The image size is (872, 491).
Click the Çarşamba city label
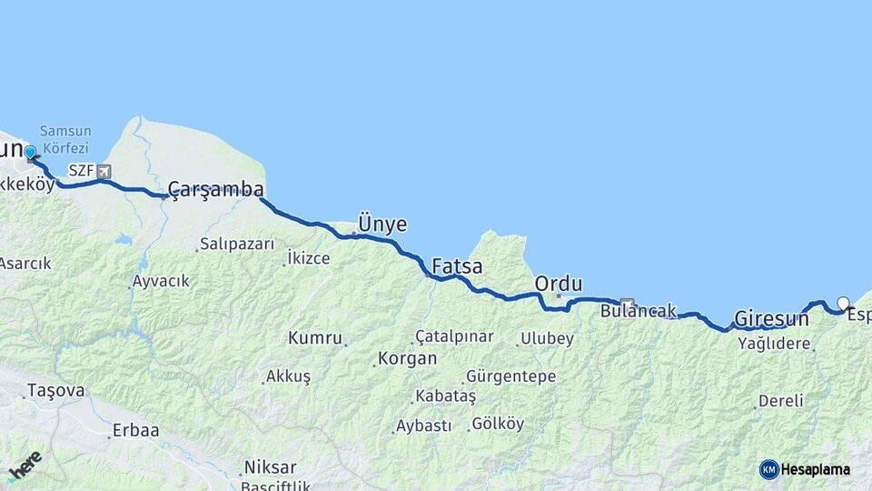(215, 189)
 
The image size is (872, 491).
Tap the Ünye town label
(382, 224)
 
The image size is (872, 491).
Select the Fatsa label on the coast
(457, 266)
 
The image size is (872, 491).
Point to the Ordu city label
(559, 284)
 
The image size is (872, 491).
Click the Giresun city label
(771, 319)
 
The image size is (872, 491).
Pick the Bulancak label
(639, 311)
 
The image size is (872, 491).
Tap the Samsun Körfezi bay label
(64, 139)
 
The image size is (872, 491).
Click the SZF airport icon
(104, 171)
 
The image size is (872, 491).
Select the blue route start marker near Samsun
(30, 153)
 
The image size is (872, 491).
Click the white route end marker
(843, 304)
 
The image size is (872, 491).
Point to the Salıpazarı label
(237, 244)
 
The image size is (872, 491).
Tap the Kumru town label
(314, 338)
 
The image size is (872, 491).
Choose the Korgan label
(407, 358)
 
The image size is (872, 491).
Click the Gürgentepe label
(510, 376)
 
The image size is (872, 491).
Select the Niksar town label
(270, 467)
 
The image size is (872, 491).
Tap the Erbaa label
(135, 430)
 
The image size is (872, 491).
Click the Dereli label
(780, 400)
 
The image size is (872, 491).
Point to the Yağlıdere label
(774, 344)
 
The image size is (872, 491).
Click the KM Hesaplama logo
(804, 469)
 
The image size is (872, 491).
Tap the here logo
(25, 466)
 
